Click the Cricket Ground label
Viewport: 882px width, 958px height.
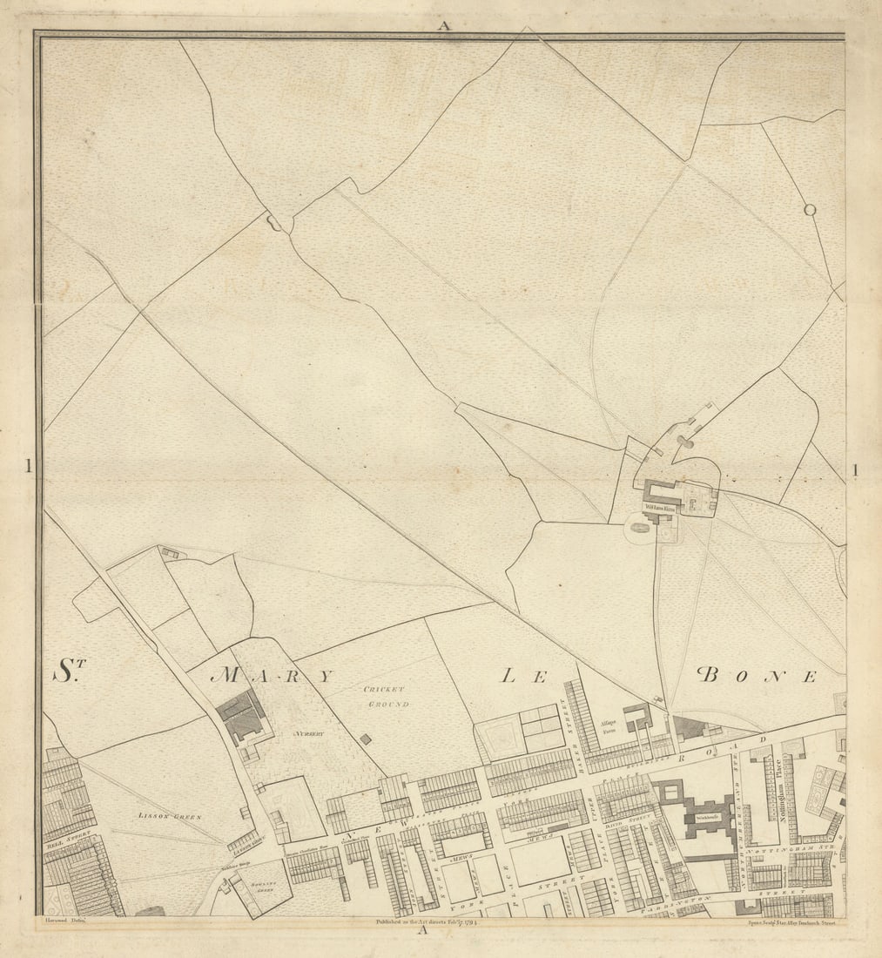point(387,696)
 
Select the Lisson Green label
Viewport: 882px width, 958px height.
point(169,816)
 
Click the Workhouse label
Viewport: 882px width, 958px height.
point(706,820)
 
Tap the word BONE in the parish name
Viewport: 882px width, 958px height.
point(757,675)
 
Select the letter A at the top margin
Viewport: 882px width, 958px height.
point(444,25)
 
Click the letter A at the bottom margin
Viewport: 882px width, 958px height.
point(422,929)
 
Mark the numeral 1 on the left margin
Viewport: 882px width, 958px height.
point(28,467)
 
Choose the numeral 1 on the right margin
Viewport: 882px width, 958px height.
point(855,470)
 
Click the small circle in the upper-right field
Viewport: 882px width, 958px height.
point(810,209)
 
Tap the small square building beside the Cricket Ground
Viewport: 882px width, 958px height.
point(365,739)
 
